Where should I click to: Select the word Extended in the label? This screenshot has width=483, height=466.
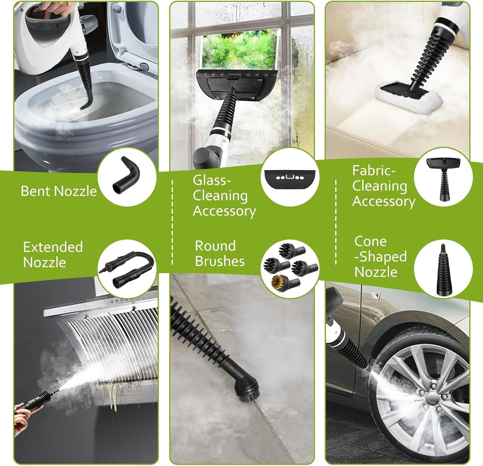coord(53,247)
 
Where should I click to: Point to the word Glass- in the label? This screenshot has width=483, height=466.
coord(212,180)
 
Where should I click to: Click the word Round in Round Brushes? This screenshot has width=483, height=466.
coord(215,246)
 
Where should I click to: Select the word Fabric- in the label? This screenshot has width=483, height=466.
coord(374,171)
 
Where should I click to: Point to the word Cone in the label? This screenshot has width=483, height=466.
coord(370,241)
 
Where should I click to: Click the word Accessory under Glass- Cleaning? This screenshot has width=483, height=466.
coord(224,211)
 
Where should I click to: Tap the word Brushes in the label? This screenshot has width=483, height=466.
coord(220,261)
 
